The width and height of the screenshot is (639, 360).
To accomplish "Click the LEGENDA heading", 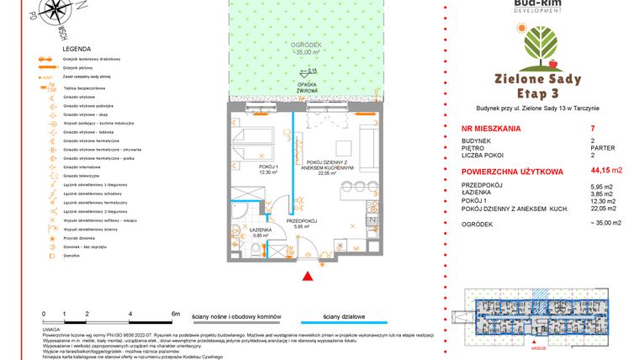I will point(77,50).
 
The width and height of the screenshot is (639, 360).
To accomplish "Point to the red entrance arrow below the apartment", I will point(309,275).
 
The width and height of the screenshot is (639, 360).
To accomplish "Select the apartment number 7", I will point(593,129).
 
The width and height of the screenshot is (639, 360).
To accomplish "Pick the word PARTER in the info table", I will point(603,148).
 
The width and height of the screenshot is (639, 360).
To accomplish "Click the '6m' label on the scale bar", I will point(176,314).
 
